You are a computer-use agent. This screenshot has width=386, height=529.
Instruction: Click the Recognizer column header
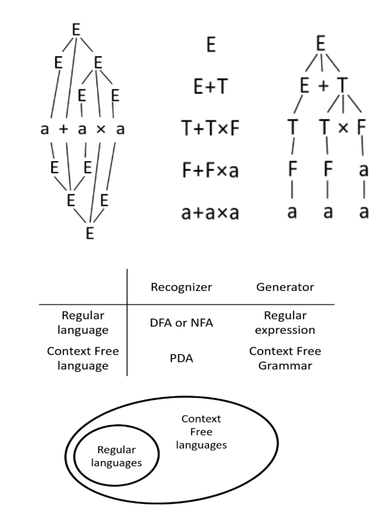click(181, 287)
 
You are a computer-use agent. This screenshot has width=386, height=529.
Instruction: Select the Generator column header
click(285, 287)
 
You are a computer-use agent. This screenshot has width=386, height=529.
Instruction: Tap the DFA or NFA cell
click(181, 323)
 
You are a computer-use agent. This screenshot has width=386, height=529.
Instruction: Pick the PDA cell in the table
click(181, 358)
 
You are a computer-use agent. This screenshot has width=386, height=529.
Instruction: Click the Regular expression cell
click(285, 323)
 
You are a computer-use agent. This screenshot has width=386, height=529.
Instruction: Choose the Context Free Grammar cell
click(285, 358)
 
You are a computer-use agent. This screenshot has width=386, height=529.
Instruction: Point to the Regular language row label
click(83, 323)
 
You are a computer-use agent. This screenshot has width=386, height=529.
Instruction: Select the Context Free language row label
click(83, 358)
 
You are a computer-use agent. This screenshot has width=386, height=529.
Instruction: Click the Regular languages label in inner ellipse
click(116, 456)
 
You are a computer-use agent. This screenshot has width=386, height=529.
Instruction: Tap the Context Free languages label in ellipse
click(201, 432)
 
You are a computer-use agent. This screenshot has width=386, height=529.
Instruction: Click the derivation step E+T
click(210, 86)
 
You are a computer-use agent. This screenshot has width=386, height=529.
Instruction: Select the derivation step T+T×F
click(210, 128)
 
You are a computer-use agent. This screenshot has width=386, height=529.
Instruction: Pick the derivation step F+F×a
click(210, 170)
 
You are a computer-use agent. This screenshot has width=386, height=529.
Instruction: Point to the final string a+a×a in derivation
click(210, 213)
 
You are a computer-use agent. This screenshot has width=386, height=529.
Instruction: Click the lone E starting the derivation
click(211, 45)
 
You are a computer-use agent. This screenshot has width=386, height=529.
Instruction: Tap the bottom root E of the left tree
click(90, 233)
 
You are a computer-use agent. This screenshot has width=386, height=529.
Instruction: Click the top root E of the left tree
click(76, 30)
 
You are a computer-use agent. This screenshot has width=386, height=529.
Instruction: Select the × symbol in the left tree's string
click(101, 129)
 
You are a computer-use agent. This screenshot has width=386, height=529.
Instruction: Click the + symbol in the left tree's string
click(64, 129)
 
